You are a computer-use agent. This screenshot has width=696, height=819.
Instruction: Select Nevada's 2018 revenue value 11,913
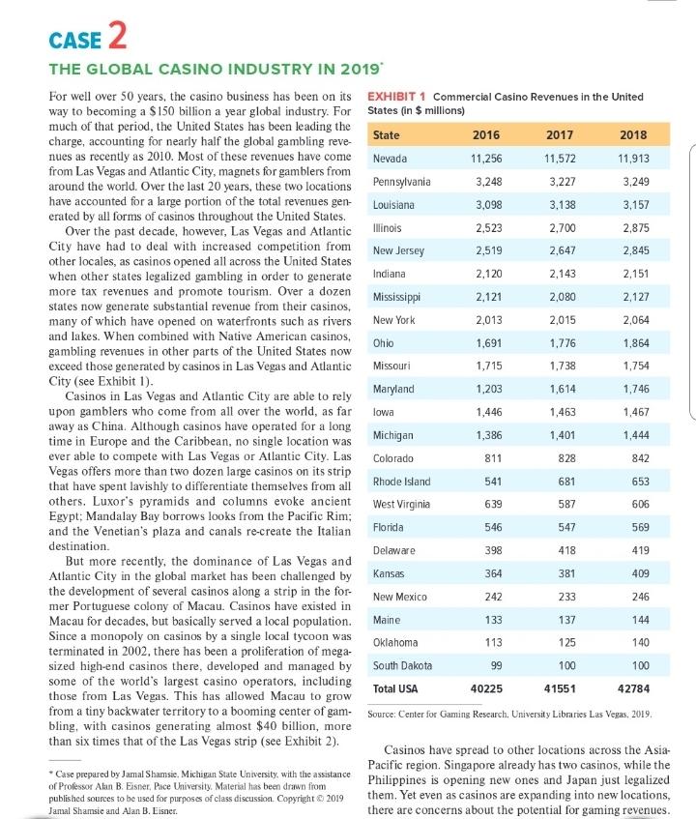point(635,158)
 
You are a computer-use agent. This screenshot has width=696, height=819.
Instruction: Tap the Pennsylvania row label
point(401,182)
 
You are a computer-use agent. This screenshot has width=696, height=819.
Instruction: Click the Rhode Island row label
point(401,481)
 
